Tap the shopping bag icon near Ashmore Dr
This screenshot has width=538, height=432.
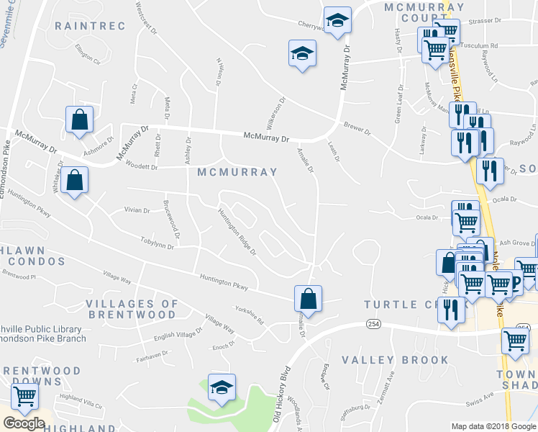pyautogui.click(x=79, y=120)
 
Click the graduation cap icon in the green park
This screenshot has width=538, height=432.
pyautogui.click(x=222, y=387)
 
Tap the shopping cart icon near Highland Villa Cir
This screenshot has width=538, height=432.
pyautogui.click(x=24, y=395)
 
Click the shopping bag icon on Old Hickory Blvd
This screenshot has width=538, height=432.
pyautogui.click(x=308, y=299)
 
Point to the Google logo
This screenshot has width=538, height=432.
pyautogui.click(x=24, y=423)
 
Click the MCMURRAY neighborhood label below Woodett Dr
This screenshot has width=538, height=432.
pyautogui.click(x=237, y=173)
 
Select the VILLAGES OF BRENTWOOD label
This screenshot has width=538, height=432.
pyautogui.click(x=131, y=310)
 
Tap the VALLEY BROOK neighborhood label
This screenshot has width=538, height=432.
pyautogui.click(x=395, y=360)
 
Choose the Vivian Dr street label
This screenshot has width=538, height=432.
pyautogui.click(x=137, y=211)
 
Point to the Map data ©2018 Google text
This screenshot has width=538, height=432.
pyautogui.click(x=493, y=426)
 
